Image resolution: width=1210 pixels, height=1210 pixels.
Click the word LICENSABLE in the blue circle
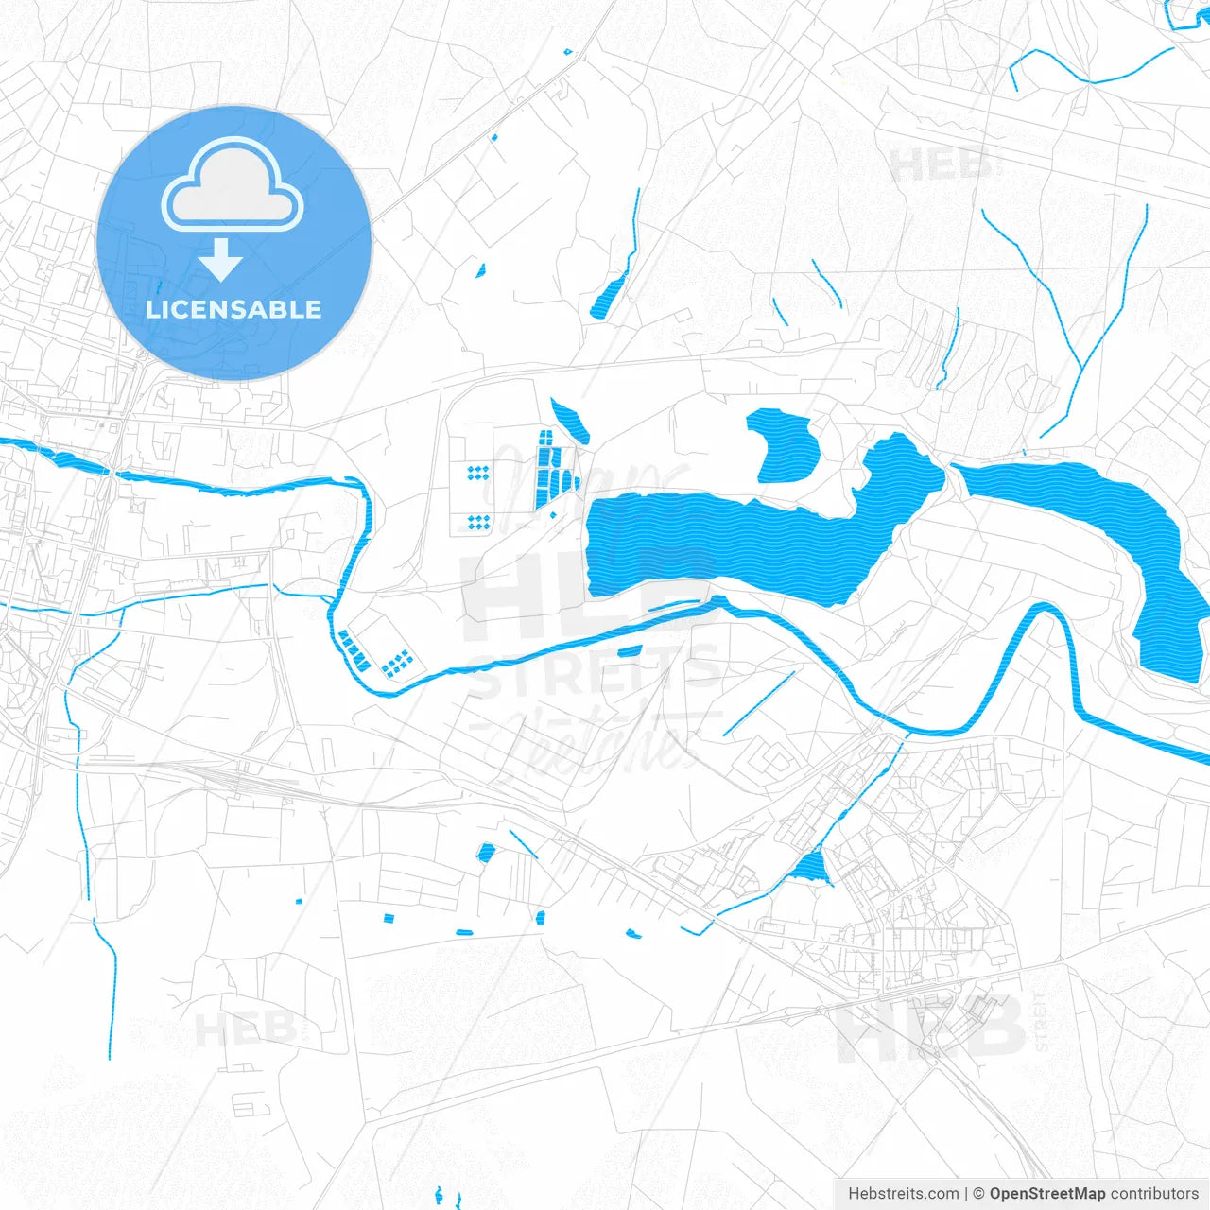233,309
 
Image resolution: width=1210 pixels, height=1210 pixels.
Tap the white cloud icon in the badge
233,186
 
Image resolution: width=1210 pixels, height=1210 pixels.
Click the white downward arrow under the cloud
221,260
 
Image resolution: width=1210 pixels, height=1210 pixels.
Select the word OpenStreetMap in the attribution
1047,1194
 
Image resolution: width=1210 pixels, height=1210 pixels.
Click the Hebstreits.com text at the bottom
903,1194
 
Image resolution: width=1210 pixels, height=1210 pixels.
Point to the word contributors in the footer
1154,1194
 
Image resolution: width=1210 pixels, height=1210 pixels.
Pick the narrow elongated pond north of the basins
570,420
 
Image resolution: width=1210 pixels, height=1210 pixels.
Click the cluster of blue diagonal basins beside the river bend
354,650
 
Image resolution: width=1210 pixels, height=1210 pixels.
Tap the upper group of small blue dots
478,472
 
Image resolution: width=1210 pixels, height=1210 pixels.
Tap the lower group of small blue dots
478,521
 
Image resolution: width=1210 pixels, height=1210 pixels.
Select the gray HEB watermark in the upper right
942,166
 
